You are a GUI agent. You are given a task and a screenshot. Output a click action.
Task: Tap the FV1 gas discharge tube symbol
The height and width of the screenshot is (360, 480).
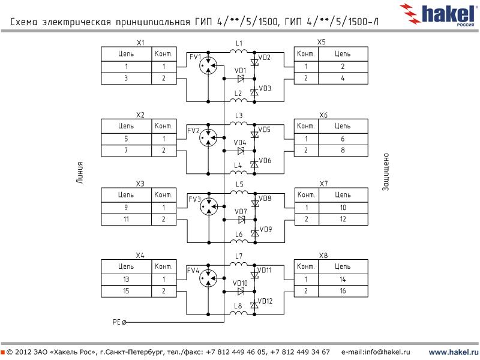[208, 66]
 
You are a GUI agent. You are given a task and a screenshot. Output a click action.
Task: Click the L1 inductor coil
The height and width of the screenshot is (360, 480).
[239, 52]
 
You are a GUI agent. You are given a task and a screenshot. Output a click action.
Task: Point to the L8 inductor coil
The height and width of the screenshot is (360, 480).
[239, 313]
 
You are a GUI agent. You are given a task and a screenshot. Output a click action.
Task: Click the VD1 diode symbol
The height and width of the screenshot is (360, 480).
[241, 79]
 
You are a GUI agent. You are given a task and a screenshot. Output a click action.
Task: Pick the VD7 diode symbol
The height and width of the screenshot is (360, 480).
[241, 220]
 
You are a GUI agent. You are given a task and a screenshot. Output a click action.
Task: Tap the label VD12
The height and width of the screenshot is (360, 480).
[265, 301]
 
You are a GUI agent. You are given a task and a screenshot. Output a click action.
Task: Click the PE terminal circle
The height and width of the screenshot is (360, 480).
[124, 322]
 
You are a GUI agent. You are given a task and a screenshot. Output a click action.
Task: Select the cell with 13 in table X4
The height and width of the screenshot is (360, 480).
[127, 279]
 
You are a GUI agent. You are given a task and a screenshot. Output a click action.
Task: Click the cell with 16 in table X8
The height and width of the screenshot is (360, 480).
[342, 291]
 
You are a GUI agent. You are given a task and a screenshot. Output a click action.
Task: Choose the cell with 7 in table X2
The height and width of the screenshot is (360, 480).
[127, 150]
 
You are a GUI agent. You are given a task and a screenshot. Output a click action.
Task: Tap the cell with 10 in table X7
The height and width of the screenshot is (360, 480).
[342, 208]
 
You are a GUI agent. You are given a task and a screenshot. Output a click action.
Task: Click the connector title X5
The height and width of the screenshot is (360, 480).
[322, 43]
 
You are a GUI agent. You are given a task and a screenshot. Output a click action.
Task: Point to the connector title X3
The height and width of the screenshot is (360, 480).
[140, 184]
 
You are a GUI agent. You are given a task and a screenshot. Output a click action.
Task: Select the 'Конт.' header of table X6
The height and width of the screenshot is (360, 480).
[306, 126]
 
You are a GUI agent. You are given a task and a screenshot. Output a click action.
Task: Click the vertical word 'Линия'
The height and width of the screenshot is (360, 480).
[80, 174]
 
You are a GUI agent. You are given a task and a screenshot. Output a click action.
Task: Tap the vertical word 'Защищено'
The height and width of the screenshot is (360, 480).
[387, 174]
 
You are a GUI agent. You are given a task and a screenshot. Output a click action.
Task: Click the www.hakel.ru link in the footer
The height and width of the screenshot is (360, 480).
[452, 351]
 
